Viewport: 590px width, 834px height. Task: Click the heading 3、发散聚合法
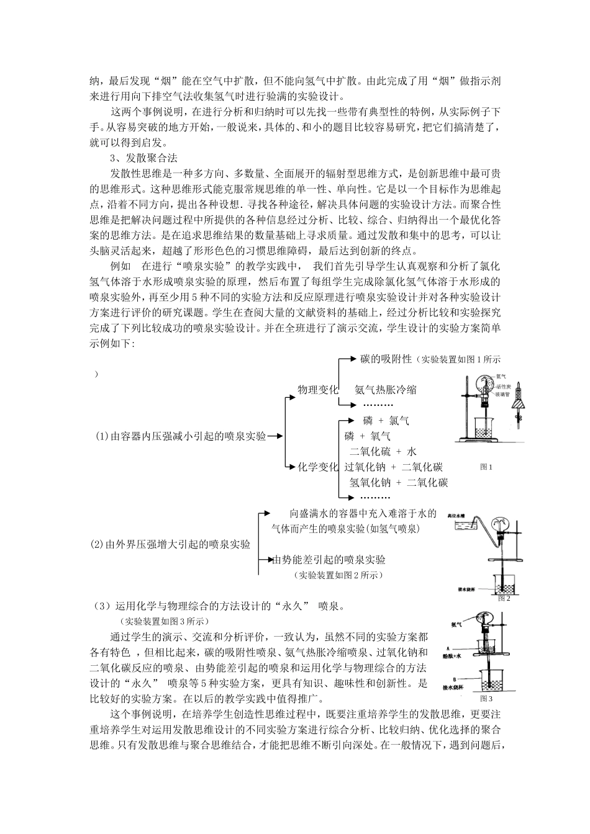[143, 158]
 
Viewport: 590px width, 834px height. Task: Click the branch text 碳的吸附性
[386, 359]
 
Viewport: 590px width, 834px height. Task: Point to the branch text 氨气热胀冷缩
[386, 390]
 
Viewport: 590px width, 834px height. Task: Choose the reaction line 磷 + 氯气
[386, 421]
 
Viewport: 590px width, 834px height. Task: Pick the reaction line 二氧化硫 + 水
[383, 451]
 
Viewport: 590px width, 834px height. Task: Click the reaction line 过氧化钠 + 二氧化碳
[393, 467]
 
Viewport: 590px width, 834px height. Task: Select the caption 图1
[486, 467]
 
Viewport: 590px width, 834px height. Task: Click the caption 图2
[504, 598]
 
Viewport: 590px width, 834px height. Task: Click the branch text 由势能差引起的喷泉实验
[329, 560]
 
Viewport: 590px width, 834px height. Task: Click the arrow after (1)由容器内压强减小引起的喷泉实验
[275, 436]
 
